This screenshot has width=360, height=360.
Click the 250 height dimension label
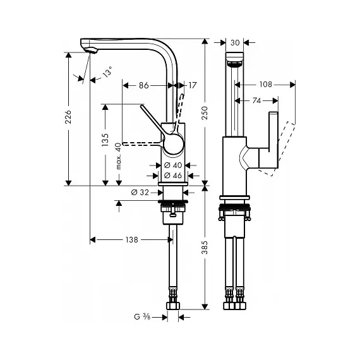click(x=205, y=112)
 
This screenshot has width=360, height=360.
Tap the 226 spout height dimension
click(x=68, y=117)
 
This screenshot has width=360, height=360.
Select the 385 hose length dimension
click(x=205, y=248)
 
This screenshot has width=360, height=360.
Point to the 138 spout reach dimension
click(x=132, y=240)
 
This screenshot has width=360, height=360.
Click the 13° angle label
click(x=107, y=71)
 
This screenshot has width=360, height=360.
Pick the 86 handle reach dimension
click(x=144, y=85)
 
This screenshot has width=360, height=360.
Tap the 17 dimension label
click(x=193, y=85)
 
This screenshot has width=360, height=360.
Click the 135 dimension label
click(x=105, y=140)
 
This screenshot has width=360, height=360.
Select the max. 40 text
click(x=119, y=156)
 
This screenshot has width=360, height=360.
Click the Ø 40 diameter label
click(x=173, y=165)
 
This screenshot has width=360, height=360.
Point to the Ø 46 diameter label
click(x=173, y=176)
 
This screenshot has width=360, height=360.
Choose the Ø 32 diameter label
click(x=140, y=192)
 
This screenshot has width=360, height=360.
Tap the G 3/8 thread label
click(x=142, y=317)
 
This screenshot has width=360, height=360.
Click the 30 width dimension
click(x=235, y=43)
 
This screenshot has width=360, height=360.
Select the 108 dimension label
click(x=266, y=85)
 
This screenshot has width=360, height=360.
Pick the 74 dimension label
click(x=256, y=100)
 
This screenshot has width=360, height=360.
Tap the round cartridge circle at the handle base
click(x=174, y=144)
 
